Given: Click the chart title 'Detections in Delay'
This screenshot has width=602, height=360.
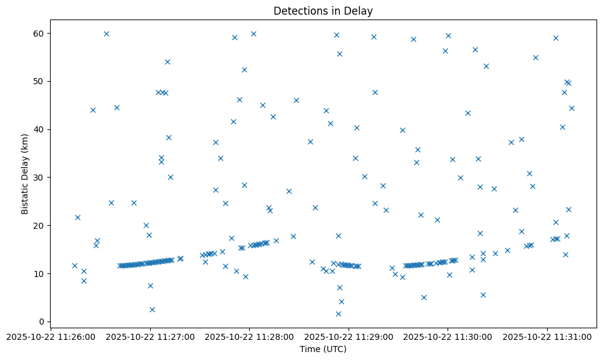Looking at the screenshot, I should (x=323, y=11).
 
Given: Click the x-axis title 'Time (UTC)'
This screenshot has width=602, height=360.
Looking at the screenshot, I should (x=323, y=349).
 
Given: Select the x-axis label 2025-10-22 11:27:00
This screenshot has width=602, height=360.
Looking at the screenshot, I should (x=150, y=337).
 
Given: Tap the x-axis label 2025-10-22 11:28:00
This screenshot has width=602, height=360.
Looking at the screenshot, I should (x=249, y=337).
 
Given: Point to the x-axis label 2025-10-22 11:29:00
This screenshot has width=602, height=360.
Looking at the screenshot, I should (x=349, y=337).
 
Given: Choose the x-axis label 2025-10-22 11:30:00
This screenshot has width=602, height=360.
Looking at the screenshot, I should (x=448, y=337).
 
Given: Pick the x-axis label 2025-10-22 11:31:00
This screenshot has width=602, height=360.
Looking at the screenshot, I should (x=547, y=337).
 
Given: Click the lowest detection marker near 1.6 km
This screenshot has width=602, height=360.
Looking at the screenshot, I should (x=338, y=314).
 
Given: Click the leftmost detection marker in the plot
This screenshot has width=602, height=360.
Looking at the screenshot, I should (x=74, y=265).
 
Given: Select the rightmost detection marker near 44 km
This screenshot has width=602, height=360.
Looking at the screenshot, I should (x=571, y=108).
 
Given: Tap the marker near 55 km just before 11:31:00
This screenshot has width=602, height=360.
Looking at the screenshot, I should (x=535, y=57).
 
